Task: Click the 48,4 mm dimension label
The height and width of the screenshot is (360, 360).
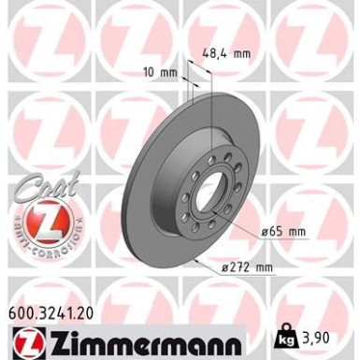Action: coord(226,54)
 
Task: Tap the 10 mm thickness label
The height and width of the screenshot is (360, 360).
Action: coord(161,73)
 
